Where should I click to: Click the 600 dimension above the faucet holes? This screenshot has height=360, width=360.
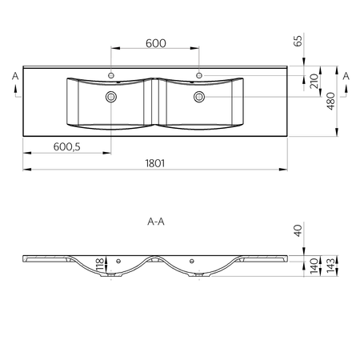point(156,43)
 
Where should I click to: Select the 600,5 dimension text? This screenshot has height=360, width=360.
point(66,146)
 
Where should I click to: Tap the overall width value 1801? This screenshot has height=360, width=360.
point(155,163)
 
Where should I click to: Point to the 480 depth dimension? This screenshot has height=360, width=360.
point(330,101)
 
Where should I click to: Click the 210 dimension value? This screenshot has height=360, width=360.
point(314,81)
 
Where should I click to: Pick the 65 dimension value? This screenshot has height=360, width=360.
point(298,41)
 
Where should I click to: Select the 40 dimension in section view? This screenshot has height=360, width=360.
point(298,230)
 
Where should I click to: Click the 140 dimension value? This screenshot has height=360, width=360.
point(314,266)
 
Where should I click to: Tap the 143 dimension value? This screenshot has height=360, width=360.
point(330,266)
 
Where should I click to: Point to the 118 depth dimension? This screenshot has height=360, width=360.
point(100,265)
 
